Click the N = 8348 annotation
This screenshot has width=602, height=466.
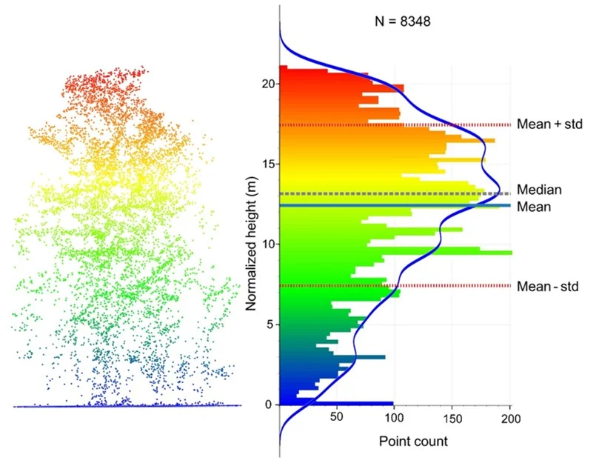[x=403, y=21]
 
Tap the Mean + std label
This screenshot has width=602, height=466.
[x=550, y=124]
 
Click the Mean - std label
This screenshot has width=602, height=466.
[x=547, y=286]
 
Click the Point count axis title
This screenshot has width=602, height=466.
[x=413, y=442]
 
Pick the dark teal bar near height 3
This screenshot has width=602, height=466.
[x=370, y=357]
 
